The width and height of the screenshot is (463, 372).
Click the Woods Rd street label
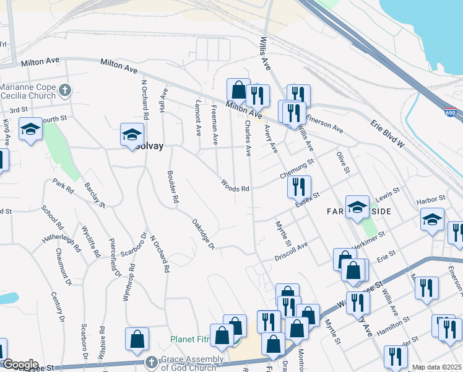236,185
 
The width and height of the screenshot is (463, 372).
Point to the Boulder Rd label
173,188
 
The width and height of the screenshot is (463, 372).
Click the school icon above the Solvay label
131,134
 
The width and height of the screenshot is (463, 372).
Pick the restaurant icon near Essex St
300,186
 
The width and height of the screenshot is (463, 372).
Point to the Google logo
20,365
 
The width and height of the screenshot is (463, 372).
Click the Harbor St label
431,199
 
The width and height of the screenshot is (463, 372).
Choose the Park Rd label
64,185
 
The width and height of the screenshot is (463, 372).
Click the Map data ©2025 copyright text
437,367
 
